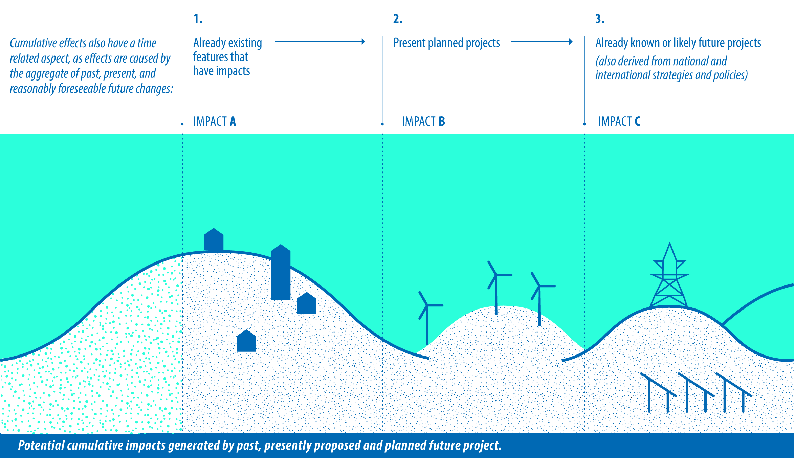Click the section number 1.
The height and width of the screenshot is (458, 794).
(198, 19)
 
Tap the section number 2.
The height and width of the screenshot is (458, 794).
(398, 19)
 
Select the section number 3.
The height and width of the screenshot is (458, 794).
(600, 19)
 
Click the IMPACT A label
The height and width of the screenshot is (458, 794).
(214, 121)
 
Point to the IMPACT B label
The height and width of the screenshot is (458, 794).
(423, 121)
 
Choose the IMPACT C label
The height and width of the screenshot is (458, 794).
(619, 121)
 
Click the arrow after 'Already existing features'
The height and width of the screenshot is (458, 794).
(320, 42)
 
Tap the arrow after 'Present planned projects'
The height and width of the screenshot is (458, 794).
(542, 42)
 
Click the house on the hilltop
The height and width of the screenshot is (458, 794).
(214, 239)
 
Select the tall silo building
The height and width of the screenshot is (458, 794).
(281, 272)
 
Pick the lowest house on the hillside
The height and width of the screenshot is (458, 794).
(246, 341)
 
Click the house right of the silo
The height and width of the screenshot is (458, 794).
(307, 303)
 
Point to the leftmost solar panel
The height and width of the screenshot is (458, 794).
(658, 392)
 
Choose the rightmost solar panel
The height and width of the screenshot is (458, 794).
(734, 392)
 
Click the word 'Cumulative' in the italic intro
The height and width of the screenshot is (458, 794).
(34, 43)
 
